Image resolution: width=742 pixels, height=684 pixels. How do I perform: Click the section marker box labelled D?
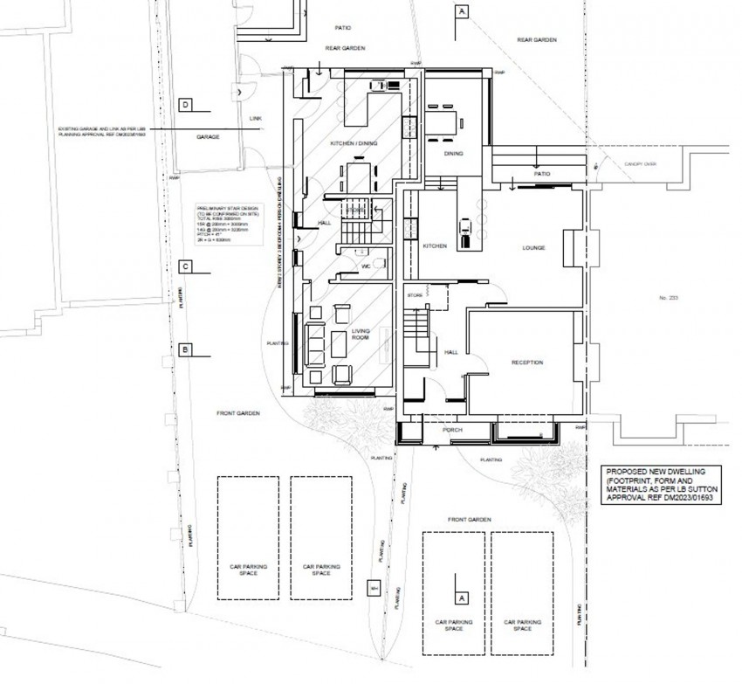coord(185,105)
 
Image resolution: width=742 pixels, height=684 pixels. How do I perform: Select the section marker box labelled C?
coord(185,266)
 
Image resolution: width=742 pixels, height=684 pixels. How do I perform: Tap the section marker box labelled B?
coord(185,349)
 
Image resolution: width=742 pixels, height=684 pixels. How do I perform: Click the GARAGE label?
coord(208,137)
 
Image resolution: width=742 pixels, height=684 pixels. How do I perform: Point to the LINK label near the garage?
coord(256,118)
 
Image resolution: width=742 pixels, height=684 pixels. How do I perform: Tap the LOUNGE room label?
coord(534,248)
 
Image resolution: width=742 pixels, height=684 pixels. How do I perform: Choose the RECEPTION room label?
coord(527,362)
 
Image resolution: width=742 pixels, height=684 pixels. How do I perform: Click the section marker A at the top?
coord(460,11)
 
